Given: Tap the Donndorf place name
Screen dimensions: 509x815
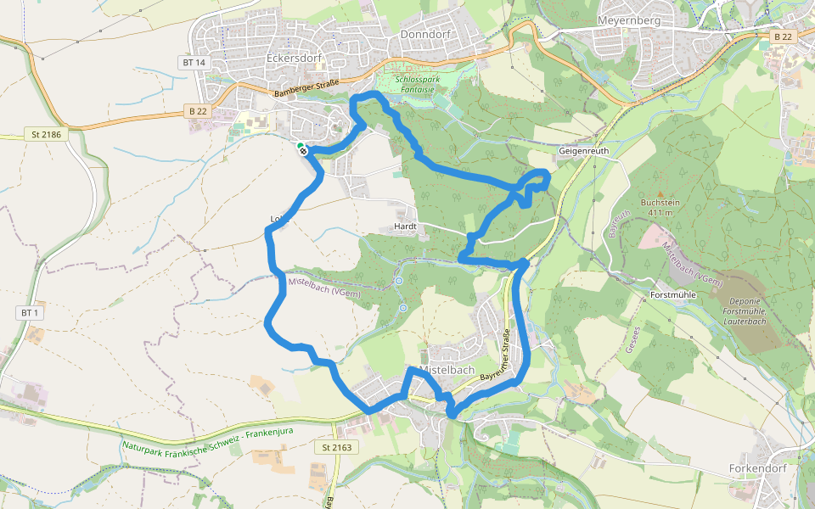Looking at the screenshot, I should coord(424,34).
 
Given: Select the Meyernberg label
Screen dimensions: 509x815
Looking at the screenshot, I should coord(629,19).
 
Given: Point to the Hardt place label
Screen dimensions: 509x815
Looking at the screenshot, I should coord(404,227).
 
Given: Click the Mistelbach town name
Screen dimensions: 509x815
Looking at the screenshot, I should coord(447,370).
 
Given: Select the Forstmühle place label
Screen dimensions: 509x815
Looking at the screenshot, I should coord(672,294).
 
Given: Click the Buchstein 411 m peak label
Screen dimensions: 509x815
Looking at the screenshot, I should coord(662,207).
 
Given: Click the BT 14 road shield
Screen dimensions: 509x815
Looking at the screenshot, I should coord(194,63).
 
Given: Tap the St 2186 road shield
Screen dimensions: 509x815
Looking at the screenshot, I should coord(48,134).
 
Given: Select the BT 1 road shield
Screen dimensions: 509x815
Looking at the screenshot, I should coord(30,313).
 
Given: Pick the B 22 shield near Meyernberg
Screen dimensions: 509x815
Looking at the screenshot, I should coord(782,36).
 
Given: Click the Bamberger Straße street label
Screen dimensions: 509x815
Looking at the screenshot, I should coord(306,87).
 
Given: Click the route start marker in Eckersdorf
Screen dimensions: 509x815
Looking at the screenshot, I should coord(301,148).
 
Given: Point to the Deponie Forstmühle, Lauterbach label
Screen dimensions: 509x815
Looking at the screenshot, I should coord(743,310).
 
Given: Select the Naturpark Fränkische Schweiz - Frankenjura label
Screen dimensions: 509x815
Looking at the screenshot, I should coord(208,439).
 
